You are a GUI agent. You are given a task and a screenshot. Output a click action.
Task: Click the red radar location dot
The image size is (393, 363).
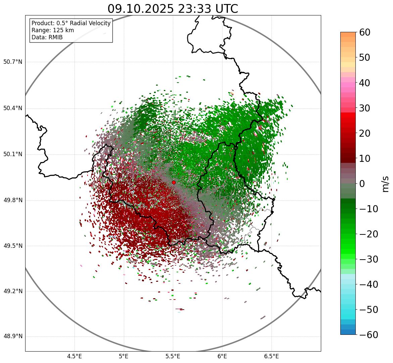tap(174, 182)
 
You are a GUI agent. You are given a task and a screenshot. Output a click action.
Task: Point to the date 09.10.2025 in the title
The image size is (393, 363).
tap(141, 9)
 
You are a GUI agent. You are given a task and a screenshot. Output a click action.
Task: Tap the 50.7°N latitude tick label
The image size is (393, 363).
tap(13, 62)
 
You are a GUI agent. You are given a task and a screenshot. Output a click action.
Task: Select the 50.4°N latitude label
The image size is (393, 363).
tap(13, 108)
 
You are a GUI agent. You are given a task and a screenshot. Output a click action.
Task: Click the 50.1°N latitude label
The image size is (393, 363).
tap(13, 154)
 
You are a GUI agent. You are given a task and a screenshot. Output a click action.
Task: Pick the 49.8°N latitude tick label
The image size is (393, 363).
tap(13, 200)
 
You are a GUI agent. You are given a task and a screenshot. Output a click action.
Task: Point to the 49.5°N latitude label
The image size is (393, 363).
tap(13, 246)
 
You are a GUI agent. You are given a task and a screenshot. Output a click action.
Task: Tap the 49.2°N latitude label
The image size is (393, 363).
tap(13, 291)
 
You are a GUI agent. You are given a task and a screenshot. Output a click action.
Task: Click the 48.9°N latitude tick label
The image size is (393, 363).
tap(13, 336)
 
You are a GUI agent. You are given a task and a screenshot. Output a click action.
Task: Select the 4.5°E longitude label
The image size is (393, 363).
tap(75, 356)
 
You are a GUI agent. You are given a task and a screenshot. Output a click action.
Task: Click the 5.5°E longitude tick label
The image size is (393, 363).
tap(173, 356)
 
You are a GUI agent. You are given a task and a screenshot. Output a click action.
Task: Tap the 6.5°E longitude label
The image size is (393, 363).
tap(271, 356)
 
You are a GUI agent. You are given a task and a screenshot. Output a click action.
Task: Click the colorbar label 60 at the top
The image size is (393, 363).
tap(365, 32)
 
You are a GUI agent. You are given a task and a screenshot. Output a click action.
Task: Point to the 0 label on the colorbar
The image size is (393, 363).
tap(362, 184)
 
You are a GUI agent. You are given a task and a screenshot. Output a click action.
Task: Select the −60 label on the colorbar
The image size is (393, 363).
tap(368, 335)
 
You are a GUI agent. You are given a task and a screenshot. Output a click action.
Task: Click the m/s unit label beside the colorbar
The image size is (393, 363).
tap(386, 184)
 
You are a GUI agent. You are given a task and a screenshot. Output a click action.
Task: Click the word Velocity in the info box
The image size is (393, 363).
tap(99, 23)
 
